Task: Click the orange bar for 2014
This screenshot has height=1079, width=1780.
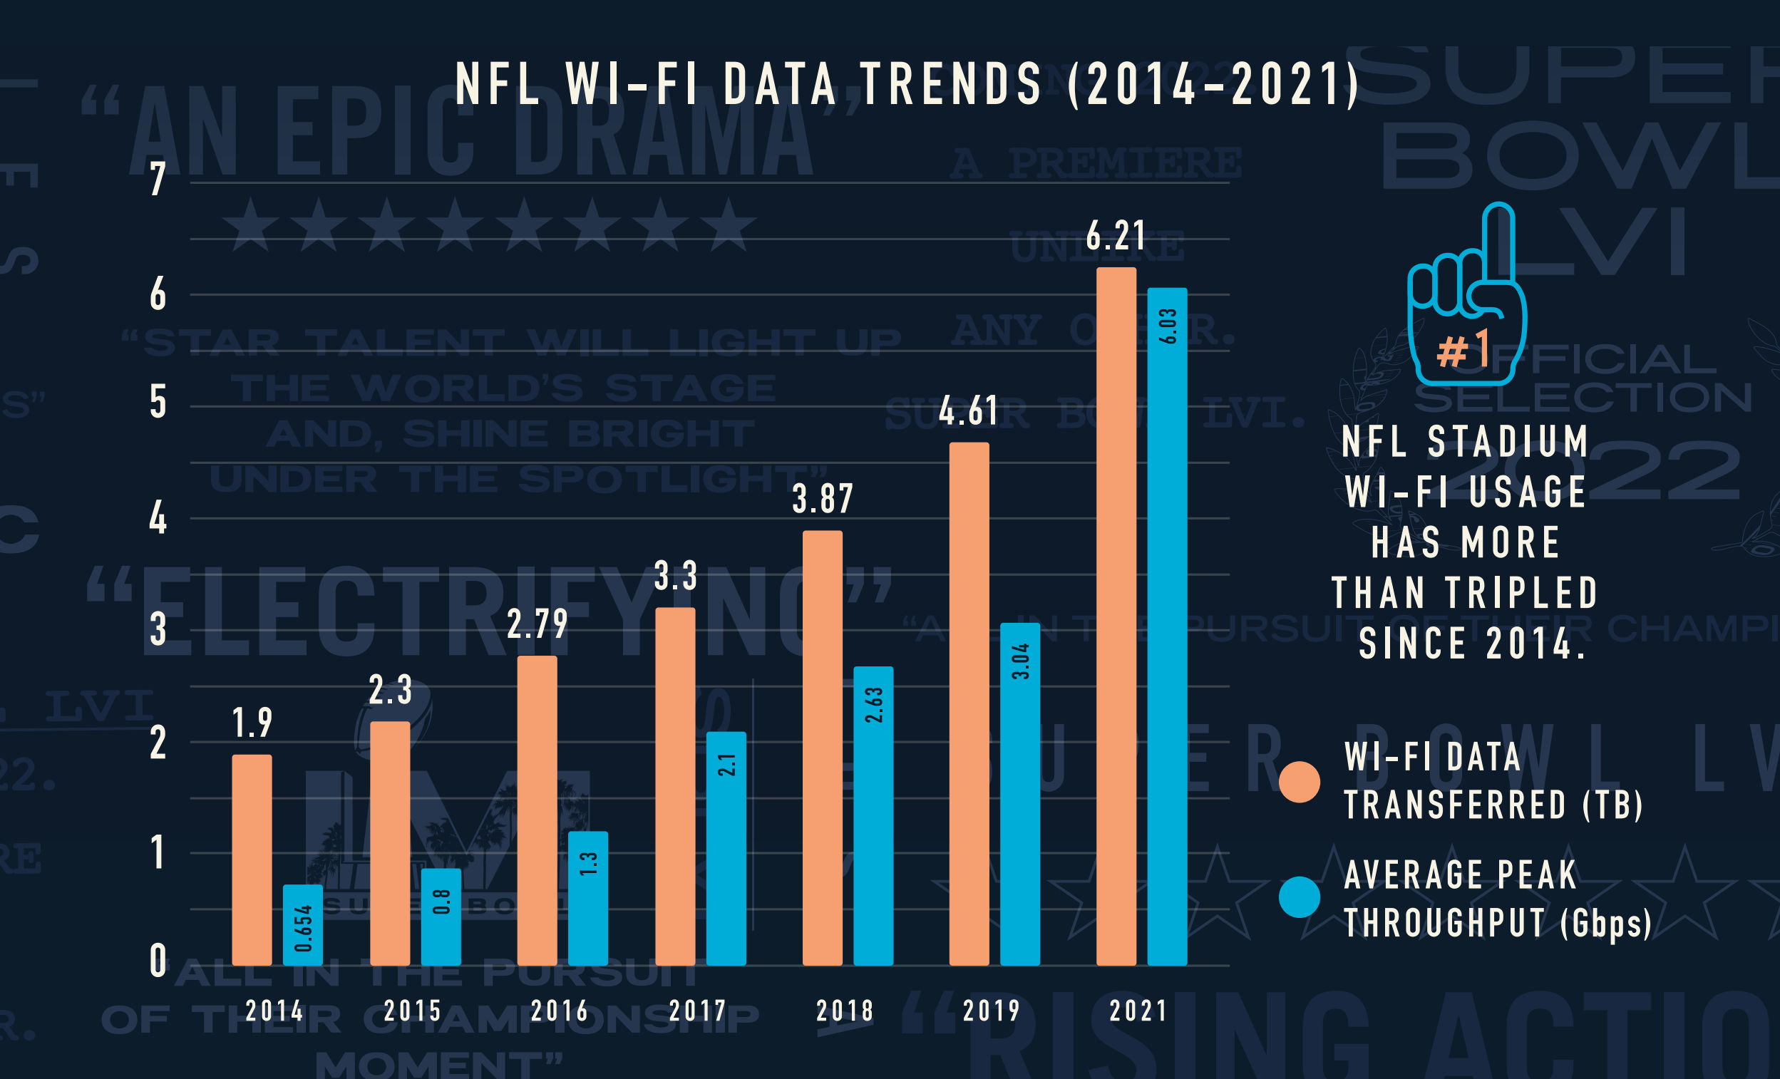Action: pos(252,859)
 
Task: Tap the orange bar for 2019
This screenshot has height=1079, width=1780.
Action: pos(969,703)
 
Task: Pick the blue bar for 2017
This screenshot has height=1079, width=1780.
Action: pos(725,848)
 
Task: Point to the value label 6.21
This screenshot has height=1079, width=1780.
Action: pos(1116,236)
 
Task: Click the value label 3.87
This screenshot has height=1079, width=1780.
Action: pos(823,499)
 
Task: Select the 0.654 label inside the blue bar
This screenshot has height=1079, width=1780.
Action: pos(304,928)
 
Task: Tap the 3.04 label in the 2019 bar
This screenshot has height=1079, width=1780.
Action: pos(1020,661)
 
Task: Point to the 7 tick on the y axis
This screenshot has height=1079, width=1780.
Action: pos(158,178)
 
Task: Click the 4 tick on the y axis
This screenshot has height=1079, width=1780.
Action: pos(158,519)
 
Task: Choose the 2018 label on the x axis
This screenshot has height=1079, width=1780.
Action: pos(845,1011)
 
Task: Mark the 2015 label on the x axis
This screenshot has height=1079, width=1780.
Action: pos(413,1011)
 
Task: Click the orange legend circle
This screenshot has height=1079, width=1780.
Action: pos(1300,782)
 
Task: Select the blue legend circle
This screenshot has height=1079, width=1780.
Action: pos(1300,897)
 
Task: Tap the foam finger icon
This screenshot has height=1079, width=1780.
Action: pos(1466,296)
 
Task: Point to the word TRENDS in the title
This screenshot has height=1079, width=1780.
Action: pos(952,84)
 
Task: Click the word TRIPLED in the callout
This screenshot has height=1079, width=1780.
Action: pos(1521,593)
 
